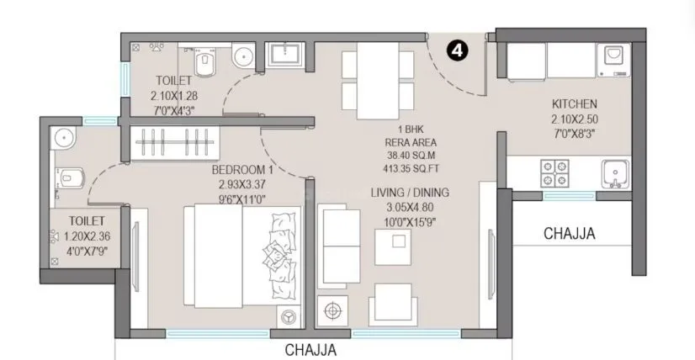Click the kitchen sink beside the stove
click(614, 173)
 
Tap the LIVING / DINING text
click(410, 193)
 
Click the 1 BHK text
click(410, 129)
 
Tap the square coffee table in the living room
click(394, 245)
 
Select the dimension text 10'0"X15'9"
click(410, 221)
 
